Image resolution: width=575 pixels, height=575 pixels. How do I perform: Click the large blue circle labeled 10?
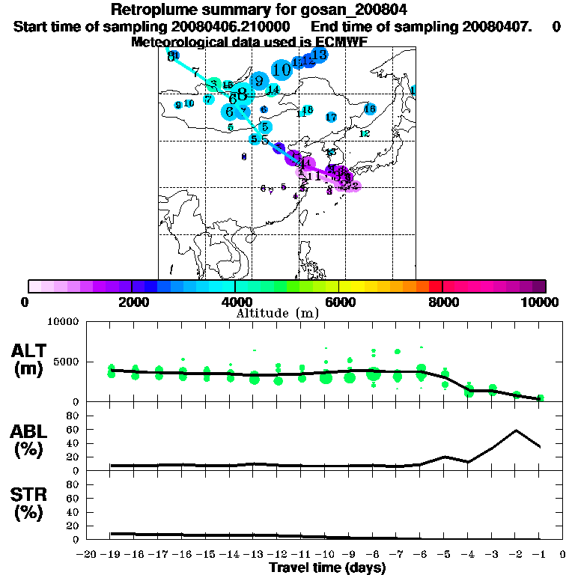point(282,70)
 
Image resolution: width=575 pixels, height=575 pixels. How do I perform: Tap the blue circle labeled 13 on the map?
point(319,55)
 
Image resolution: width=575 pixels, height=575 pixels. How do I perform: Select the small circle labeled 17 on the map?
point(331,118)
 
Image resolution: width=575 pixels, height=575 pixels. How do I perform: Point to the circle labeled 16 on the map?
point(369,109)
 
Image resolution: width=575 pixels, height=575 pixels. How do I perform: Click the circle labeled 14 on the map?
point(273,90)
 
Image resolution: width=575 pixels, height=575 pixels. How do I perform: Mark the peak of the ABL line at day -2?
point(516,431)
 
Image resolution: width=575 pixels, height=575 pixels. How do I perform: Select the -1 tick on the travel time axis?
point(539,554)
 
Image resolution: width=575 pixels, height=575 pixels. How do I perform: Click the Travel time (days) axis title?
point(327,568)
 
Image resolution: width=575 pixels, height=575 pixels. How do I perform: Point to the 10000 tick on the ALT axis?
point(64,323)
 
